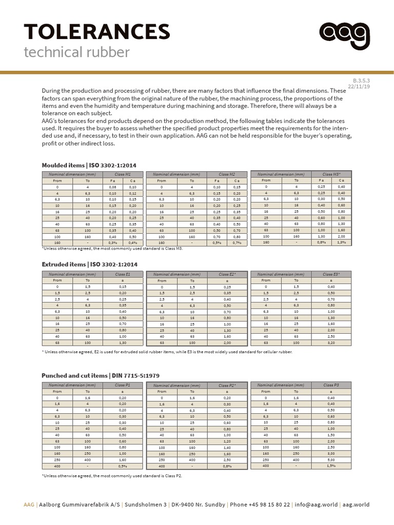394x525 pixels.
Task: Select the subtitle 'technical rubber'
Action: pos(77,52)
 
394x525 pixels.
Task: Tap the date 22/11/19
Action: pos(359,87)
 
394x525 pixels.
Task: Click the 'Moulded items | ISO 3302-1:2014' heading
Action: pos(89,165)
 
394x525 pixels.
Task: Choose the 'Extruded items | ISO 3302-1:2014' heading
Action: pos(89,264)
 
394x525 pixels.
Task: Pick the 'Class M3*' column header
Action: pos(331,174)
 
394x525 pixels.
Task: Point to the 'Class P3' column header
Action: pos(331,385)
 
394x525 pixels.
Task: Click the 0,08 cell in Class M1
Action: pos(113,187)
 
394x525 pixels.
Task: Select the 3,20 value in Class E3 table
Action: pos(331,342)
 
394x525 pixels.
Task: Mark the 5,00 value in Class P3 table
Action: pos(331,460)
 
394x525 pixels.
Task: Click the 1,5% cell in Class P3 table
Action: pos(331,466)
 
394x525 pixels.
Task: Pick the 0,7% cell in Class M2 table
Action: pos(237,243)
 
